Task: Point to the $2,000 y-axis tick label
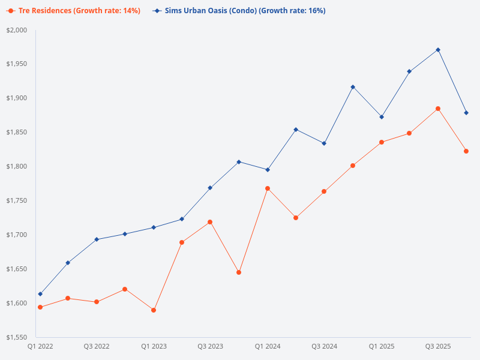tap(18, 30)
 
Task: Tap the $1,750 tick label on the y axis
tap(18, 200)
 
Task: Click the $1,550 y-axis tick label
tap(18, 337)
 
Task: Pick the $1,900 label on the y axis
tap(18, 98)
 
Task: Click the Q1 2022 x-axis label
tap(40, 347)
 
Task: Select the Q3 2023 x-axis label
tap(211, 347)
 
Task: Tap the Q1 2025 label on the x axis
tap(382, 347)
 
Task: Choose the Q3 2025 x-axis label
tap(438, 347)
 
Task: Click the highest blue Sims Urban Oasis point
tap(438, 50)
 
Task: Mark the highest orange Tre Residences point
tap(438, 109)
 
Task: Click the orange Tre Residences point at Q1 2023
tap(154, 310)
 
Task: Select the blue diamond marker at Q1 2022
tap(40, 294)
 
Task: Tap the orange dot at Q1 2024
tap(268, 188)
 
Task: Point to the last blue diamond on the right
tap(466, 113)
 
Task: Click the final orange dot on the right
tap(466, 151)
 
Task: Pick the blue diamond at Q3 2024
tap(324, 143)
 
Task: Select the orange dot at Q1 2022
tap(40, 307)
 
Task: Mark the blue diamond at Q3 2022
tap(97, 239)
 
